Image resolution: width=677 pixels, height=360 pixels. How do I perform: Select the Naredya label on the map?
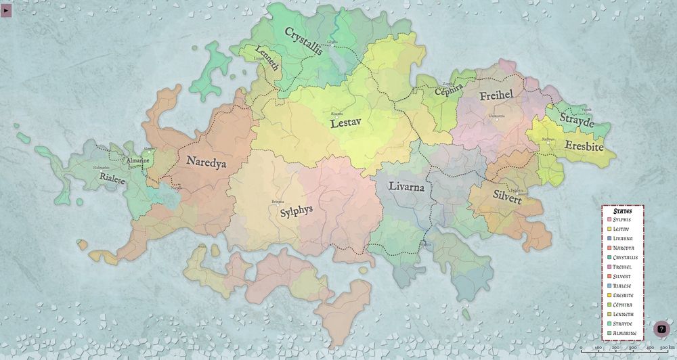point(206,162)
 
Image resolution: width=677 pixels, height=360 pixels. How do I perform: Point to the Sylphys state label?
point(296,210)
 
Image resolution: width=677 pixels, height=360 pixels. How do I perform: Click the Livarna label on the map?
point(406,187)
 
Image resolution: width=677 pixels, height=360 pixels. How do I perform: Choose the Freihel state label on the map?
point(496,96)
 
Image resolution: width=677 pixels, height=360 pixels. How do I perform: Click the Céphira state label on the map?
point(449,91)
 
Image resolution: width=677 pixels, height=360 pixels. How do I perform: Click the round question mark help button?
point(661,329)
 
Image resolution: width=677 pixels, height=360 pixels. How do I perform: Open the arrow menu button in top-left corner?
point(6,11)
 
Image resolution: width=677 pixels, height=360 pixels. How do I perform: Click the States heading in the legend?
point(622,211)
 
